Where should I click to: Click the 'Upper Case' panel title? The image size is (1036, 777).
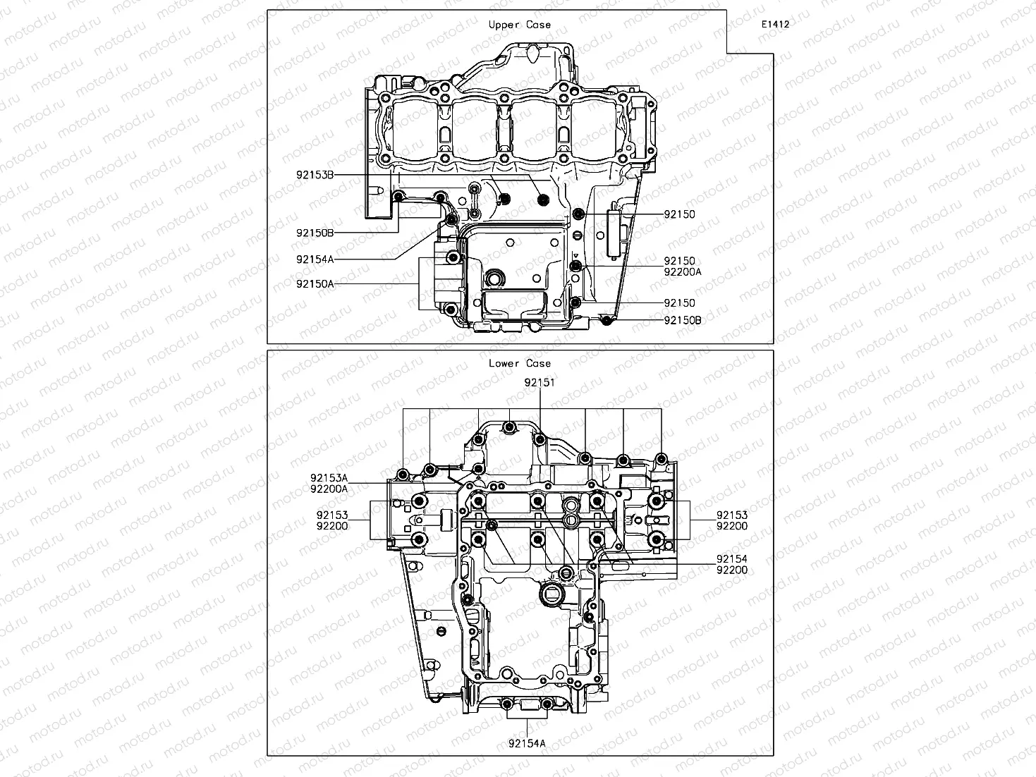point(520,25)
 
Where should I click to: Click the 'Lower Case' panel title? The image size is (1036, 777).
point(520,364)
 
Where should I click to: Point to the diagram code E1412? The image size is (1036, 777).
point(774,24)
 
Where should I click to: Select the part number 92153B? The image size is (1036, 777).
point(315,174)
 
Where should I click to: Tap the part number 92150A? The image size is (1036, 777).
point(315,283)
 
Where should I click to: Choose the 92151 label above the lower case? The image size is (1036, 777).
point(539,383)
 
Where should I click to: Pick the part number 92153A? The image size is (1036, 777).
point(329,478)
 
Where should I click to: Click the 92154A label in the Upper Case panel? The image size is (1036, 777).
point(315,259)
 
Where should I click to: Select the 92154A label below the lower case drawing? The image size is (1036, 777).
point(527,742)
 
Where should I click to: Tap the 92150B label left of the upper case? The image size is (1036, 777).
point(315,233)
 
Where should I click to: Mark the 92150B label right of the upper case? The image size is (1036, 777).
point(682,320)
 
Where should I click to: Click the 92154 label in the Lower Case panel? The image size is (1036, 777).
point(731,559)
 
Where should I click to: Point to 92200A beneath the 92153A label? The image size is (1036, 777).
point(329,489)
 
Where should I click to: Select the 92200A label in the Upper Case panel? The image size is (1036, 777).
point(682,271)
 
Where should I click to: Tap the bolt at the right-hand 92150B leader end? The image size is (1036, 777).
point(606,322)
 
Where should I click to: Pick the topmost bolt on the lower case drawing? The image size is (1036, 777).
point(508,427)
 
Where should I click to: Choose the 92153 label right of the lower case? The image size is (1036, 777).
point(731,515)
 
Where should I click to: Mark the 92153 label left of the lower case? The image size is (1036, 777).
point(331,515)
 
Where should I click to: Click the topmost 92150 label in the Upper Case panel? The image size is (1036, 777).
point(679,214)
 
